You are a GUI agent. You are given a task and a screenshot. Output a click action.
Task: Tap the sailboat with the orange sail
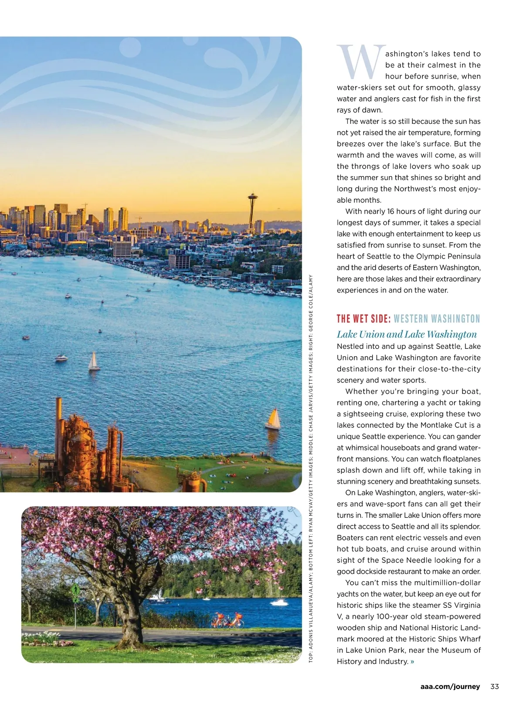(273, 419)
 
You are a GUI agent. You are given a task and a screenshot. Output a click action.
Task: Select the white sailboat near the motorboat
(94, 361)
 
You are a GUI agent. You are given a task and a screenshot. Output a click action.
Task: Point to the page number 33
(494, 686)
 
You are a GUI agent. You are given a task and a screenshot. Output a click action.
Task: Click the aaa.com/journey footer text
(450, 686)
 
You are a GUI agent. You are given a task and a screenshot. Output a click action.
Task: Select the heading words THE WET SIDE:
(363, 318)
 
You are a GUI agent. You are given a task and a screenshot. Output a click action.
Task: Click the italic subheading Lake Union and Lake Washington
(407, 334)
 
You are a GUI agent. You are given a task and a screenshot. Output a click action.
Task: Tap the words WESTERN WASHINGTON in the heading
(436, 318)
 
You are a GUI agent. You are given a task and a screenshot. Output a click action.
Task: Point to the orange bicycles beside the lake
(227, 620)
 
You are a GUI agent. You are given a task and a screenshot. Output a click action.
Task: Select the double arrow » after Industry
(412, 661)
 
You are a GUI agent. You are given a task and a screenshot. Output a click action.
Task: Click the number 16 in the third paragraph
(391, 211)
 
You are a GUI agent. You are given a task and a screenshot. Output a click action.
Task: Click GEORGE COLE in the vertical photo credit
(310, 306)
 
